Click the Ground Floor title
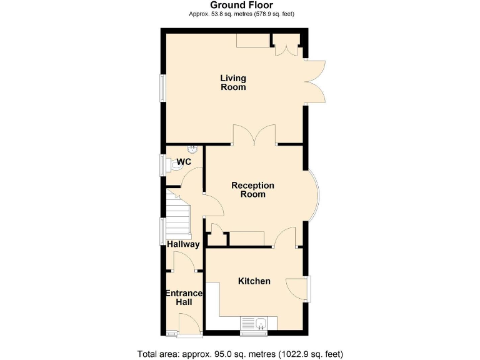(241, 5)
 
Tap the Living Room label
(233, 82)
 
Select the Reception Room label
(252, 189)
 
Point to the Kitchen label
(254, 281)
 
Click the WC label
(184, 162)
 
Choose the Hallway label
(183, 244)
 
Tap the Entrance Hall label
(184, 297)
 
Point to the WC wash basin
(193, 149)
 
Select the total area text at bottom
(241, 354)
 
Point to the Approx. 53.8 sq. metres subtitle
(241, 14)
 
